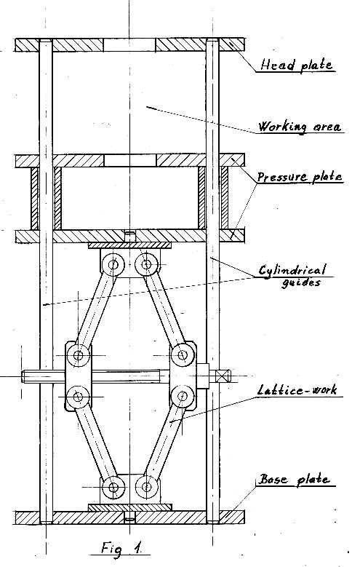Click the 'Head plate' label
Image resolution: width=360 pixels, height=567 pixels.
(x=296, y=65)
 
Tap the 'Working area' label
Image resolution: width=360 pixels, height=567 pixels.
(x=300, y=127)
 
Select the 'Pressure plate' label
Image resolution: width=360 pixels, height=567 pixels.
(x=300, y=176)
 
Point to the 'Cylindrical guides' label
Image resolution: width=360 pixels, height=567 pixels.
(x=294, y=276)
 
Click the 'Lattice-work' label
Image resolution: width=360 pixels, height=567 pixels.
(x=297, y=390)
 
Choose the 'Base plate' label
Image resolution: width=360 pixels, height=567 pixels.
(x=295, y=480)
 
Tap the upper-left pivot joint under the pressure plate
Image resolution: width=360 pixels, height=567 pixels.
(x=113, y=265)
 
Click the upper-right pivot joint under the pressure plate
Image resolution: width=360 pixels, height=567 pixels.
(x=146, y=264)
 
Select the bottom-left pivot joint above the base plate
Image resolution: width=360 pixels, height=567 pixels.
(x=113, y=488)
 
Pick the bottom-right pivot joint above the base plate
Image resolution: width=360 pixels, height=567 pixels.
(x=147, y=487)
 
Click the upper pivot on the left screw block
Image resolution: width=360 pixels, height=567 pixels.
(x=78, y=355)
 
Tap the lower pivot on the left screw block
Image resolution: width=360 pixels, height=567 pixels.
(x=78, y=397)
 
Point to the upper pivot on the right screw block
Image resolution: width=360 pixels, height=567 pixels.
(x=183, y=355)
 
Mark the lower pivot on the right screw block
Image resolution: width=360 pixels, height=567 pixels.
(x=182, y=397)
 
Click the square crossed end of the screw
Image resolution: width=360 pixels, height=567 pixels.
(x=223, y=376)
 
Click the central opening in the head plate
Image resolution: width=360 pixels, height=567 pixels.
(x=129, y=45)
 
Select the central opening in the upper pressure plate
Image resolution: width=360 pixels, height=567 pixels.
(x=129, y=161)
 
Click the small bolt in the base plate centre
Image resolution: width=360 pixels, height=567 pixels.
(x=129, y=517)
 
